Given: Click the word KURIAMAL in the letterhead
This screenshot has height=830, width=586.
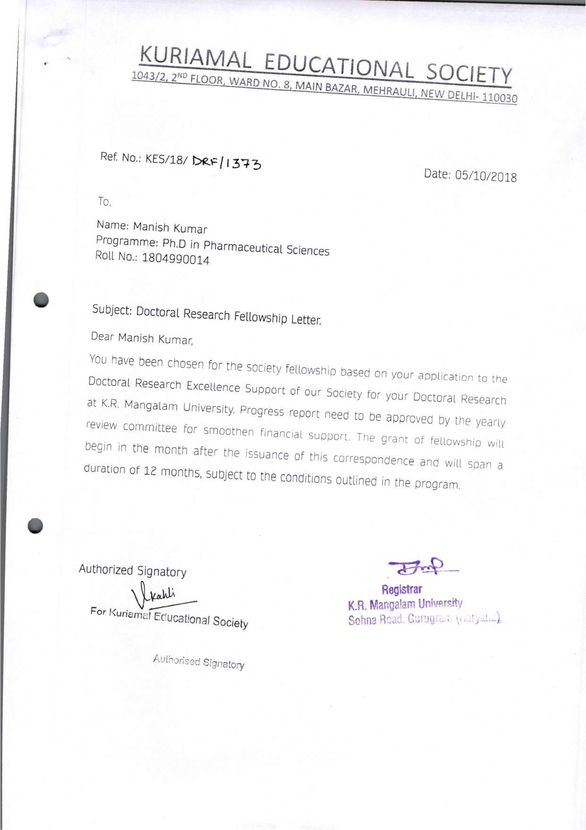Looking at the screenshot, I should (195, 59).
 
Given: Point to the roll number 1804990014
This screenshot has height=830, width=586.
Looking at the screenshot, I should (175, 259).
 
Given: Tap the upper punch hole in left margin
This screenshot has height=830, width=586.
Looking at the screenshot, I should (42, 300).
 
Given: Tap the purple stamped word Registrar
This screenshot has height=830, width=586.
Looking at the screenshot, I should (402, 589).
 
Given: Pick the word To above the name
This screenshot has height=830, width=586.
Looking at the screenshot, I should (104, 202).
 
